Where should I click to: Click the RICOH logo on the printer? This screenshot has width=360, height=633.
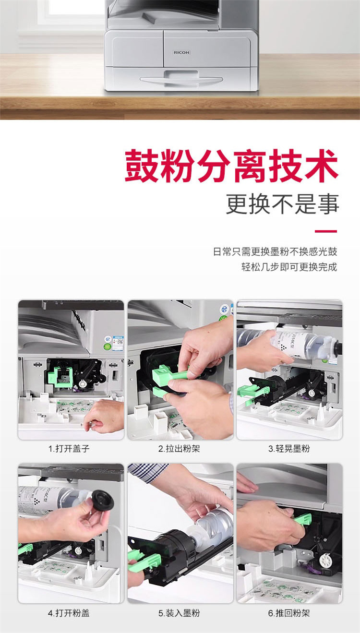click(x=181, y=52)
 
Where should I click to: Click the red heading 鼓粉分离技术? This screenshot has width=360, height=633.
click(x=231, y=166)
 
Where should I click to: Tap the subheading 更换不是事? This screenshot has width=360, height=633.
click(x=282, y=204)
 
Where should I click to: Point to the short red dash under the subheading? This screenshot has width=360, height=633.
click(x=326, y=231)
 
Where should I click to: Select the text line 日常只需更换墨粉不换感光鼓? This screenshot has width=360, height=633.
click(x=275, y=251)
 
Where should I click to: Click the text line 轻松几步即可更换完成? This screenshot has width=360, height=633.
click(x=289, y=267)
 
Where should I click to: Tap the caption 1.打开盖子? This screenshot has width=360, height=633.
click(x=69, y=448)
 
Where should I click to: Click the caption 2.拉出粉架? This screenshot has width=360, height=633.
click(x=179, y=448)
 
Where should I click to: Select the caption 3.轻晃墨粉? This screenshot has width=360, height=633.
click(x=289, y=448)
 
